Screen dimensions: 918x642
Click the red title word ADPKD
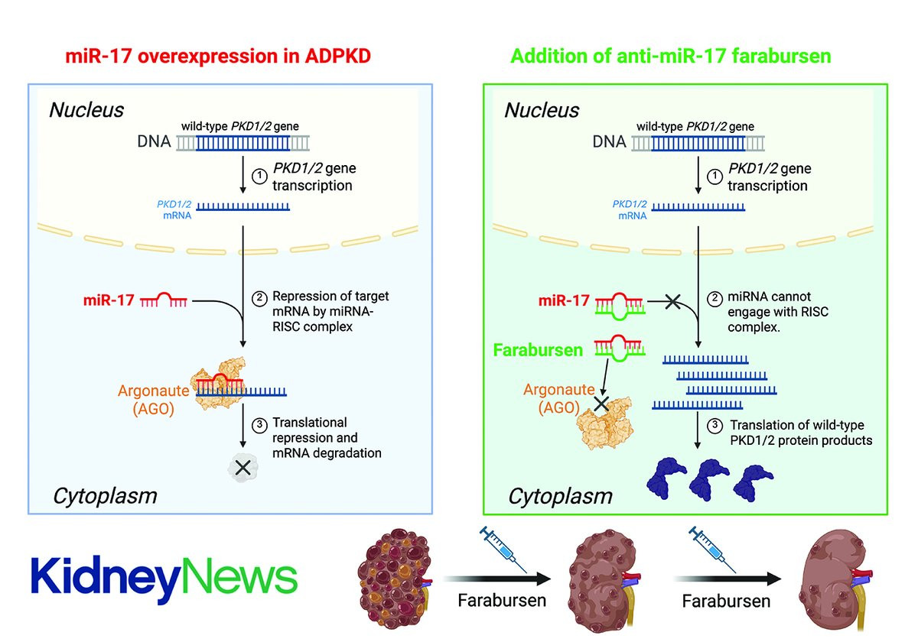pos(337,56)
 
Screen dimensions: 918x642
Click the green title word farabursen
pos(781,56)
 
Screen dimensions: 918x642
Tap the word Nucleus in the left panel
pos(86,110)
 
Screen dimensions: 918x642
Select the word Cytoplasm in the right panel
pos(560,497)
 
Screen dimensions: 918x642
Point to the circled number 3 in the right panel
pos(715,426)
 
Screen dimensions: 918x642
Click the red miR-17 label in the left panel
pos(109,300)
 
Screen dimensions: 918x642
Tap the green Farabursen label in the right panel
pos(538,350)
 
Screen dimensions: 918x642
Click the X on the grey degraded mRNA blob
pos(243,468)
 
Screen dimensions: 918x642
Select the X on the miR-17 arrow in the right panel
pos(672,302)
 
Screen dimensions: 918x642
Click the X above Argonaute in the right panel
pos(601,404)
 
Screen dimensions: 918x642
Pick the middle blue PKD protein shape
pos(708,480)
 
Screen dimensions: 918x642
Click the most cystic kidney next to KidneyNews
pos(394,578)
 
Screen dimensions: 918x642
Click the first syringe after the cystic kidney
pos(503,549)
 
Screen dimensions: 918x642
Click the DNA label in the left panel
pos(154,141)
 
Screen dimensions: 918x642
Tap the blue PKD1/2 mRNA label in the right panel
pos(630,209)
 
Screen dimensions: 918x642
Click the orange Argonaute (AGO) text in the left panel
pos(153,399)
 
